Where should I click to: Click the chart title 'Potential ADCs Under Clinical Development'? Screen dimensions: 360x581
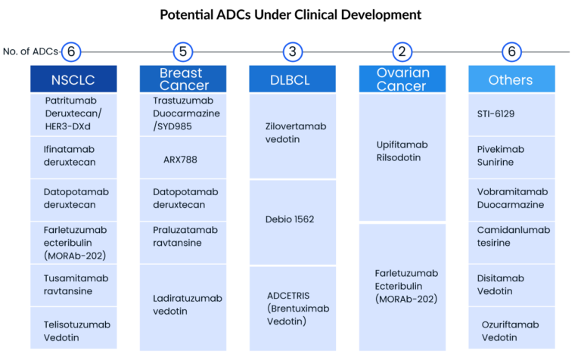(290, 14)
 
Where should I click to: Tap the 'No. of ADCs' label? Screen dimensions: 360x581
(31, 52)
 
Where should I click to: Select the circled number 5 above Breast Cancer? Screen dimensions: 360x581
(182, 52)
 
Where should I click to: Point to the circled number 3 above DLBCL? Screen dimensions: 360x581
(293, 52)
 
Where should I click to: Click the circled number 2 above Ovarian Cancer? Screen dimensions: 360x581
(402, 52)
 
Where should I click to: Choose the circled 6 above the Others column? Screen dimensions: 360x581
(512, 52)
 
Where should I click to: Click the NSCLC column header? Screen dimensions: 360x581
(73, 79)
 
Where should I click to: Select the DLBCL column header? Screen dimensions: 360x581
(293, 79)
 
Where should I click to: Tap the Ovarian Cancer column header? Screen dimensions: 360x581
(402, 79)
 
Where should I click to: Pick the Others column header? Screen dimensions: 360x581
(511, 79)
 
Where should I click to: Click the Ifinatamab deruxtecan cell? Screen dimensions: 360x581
(73, 157)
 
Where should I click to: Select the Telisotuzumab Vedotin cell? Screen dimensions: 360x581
(73, 331)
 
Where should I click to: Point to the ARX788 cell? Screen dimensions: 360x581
(182, 157)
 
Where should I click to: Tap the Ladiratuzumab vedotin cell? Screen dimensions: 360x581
(182, 305)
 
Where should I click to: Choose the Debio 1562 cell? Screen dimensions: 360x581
(293, 220)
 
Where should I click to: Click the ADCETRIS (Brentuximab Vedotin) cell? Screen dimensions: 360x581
(293, 308)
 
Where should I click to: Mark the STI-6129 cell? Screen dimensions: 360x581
(511, 115)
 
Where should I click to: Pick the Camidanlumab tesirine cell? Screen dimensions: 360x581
(511, 236)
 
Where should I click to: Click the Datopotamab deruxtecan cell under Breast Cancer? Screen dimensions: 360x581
(182, 199)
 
